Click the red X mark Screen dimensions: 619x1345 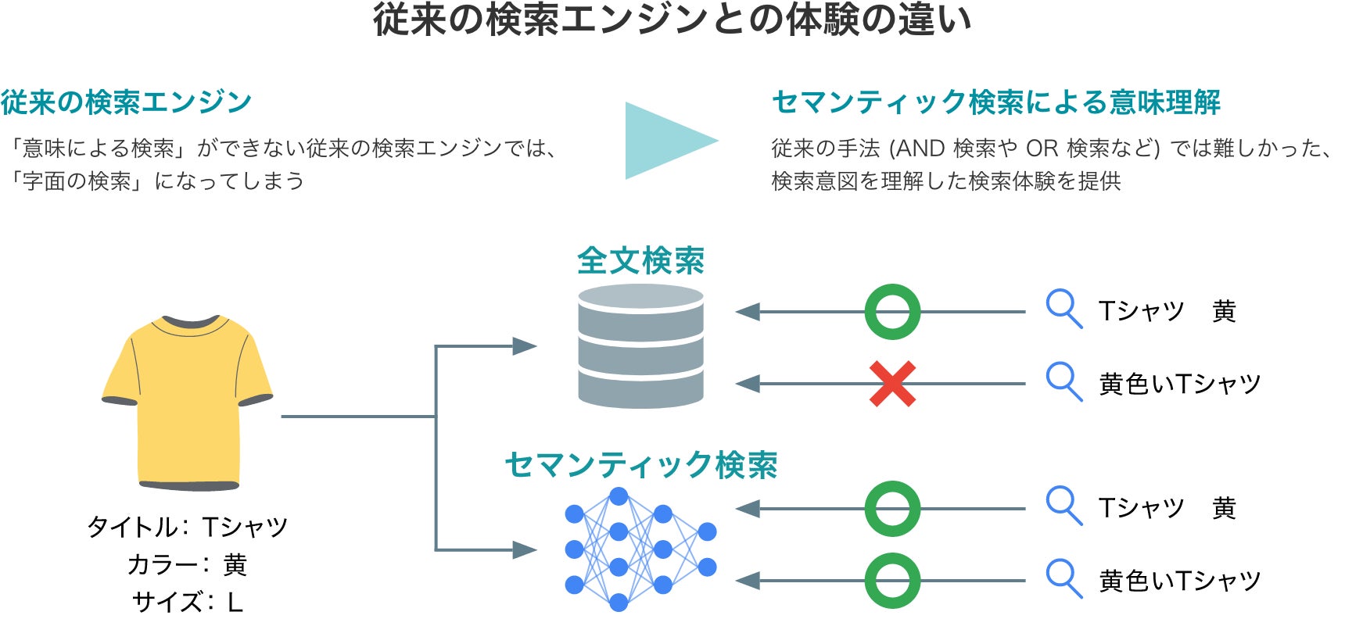[892, 384]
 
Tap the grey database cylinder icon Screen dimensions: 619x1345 [640, 346]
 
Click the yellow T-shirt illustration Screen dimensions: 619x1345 [188, 403]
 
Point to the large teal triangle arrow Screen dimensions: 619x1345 [666, 141]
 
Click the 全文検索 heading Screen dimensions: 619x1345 [640, 261]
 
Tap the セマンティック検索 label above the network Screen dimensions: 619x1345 [640, 465]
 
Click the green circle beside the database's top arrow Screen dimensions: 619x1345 [892, 312]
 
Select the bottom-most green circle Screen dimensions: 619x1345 [892, 581]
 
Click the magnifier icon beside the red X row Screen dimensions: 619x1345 [1063, 381]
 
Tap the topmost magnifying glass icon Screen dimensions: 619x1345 [1063, 309]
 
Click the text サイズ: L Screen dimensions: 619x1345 [188, 602]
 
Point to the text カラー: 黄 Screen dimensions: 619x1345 [188, 564]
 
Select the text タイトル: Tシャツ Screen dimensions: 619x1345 [188, 527]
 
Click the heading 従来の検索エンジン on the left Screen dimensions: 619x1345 [126, 102]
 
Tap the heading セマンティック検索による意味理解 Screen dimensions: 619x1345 [995, 102]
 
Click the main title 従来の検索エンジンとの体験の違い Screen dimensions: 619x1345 [672, 20]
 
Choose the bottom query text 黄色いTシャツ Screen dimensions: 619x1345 [1179, 581]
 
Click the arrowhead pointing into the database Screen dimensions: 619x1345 [525, 346]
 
